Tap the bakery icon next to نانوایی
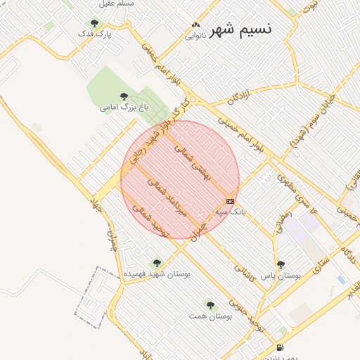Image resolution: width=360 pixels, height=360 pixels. coord(195,27)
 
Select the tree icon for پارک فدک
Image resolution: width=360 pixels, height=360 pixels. coord(94,23)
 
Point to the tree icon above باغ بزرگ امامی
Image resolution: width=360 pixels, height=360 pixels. coord(124,96)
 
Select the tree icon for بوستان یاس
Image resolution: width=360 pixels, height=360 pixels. coord(281,265)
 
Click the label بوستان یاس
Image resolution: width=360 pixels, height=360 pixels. coord(281,276)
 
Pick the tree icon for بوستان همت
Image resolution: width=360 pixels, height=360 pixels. coord(210,305)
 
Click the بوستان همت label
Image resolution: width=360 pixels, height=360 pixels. coord(207,316)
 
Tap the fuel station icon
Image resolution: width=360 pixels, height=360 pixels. coord(281,347)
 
